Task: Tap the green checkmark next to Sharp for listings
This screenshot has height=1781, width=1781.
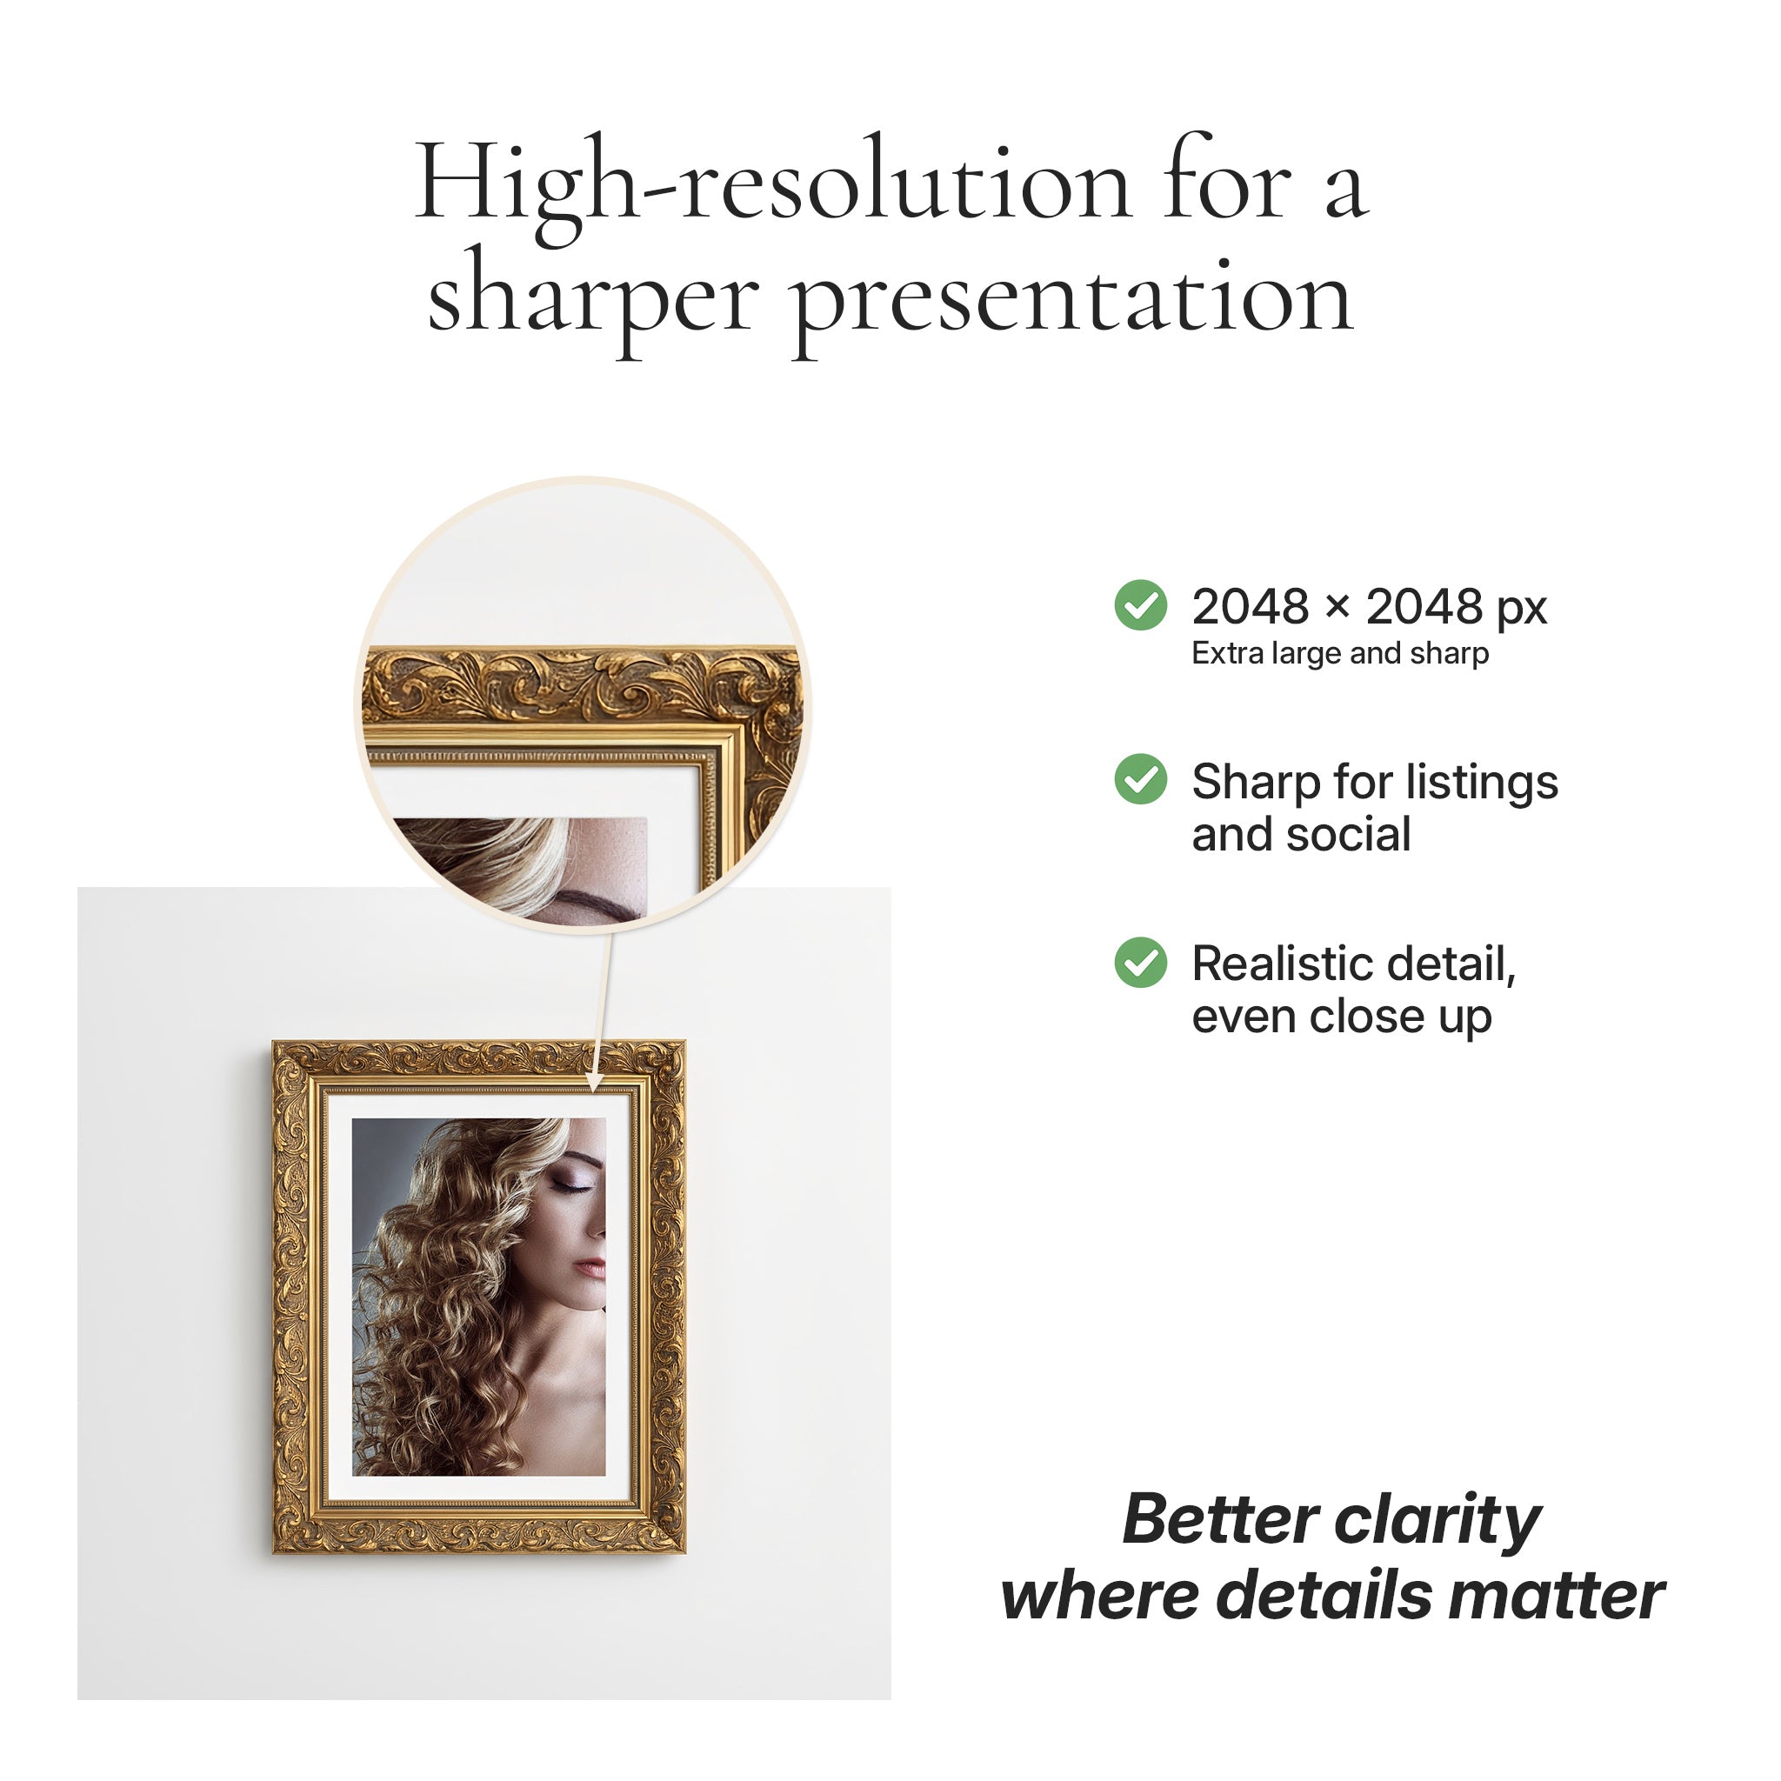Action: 1140,779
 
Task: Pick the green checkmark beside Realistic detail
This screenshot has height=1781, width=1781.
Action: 1140,963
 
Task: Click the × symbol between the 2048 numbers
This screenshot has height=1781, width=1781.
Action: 1337,608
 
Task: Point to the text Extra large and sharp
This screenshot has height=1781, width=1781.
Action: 1339,653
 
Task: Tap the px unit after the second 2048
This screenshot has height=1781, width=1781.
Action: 1521,610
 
